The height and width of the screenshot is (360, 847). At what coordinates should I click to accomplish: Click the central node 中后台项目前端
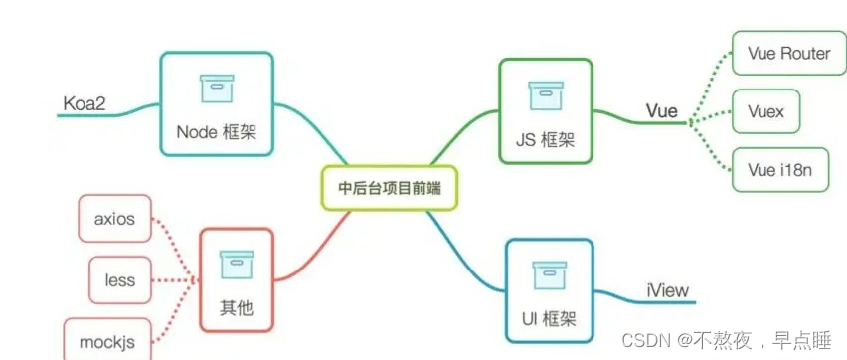pyautogui.click(x=390, y=187)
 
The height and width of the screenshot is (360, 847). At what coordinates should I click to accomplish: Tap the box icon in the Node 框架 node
pyautogui.click(x=216, y=89)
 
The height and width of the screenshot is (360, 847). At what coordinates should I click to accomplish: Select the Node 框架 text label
pyautogui.click(x=216, y=131)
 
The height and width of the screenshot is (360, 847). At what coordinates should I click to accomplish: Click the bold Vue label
pyautogui.click(x=661, y=110)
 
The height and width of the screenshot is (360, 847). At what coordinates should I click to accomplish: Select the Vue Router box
pyautogui.click(x=780, y=53)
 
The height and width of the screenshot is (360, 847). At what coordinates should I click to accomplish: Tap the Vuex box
pyautogui.click(x=765, y=111)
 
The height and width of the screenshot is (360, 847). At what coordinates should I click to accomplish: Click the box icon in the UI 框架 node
pyautogui.click(x=549, y=271)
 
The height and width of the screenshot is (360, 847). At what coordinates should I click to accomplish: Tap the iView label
pyautogui.click(x=664, y=291)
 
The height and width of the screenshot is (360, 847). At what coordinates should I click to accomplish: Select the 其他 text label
pyautogui.click(x=236, y=307)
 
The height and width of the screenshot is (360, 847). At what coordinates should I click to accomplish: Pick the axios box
pyautogui.click(x=114, y=218)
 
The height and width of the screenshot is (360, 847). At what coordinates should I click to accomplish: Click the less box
pyautogui.click(x=120, y=280)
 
